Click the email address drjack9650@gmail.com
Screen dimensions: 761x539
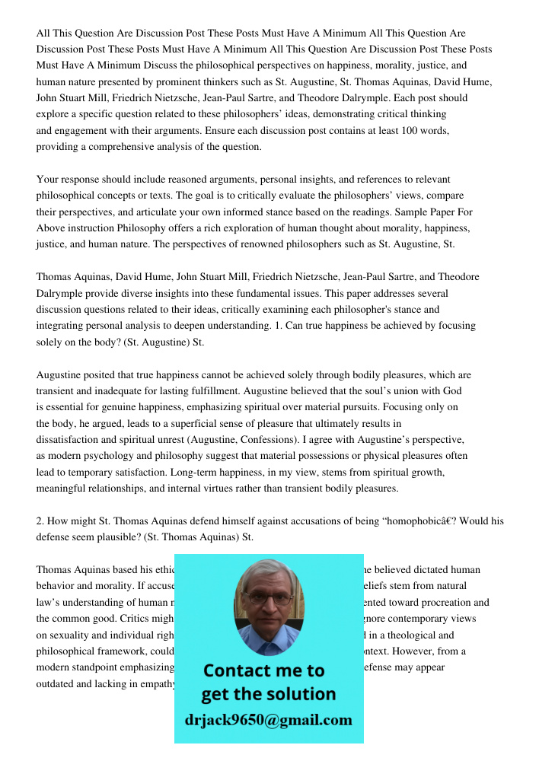[x=268, y=720]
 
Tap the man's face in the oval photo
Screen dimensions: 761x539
[x=268, y=605]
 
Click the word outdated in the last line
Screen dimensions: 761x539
[x=57, y=683]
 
